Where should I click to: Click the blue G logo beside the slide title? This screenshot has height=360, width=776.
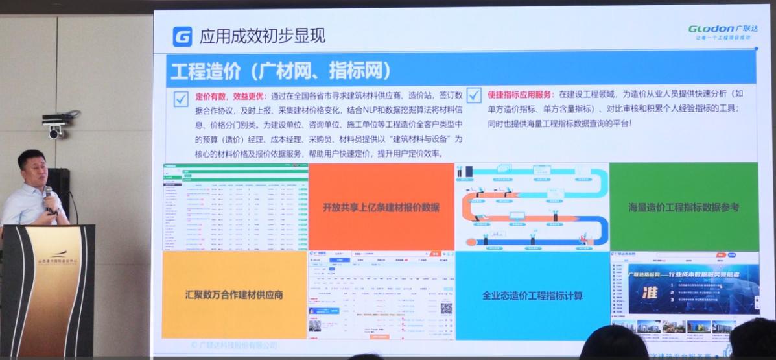point(182,36)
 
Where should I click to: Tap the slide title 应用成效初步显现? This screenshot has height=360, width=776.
point(263,36)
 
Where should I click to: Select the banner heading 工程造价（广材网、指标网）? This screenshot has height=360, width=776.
point(279,70)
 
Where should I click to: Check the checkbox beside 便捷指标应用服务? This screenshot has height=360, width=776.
point(474,96)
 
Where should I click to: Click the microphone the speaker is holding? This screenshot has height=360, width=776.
point(48,193)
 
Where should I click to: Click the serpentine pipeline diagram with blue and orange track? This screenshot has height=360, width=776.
point(532,206)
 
